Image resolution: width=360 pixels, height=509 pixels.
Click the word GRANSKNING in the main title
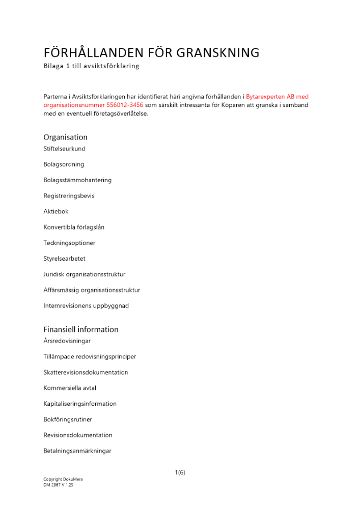coord(218,53)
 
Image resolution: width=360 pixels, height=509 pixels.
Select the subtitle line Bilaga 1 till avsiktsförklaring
coord(91,66)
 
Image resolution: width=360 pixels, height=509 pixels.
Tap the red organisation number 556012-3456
coord(118,105)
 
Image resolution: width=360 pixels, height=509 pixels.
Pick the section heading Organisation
coord(65,137)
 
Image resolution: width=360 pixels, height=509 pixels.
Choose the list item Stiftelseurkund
coord(64,149)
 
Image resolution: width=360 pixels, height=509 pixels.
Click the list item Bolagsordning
coord(64,164)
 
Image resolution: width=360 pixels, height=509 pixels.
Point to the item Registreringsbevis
coord(69,195)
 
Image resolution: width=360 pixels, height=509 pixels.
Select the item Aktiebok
coord(56,211)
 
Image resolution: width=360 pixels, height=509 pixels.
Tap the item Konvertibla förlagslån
coord(74,227)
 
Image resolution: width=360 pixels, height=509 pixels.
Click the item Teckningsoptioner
coord(69,243)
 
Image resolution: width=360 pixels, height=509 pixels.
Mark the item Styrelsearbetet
coord(64,259)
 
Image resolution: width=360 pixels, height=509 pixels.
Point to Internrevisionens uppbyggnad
coord(86,306)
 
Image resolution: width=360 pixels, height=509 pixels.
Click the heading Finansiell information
coord(80,329)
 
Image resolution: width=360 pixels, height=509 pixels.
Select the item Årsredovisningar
coord(67,341)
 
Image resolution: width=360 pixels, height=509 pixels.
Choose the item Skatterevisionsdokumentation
coord(86,372)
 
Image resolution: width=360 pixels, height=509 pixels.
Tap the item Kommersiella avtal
coord(70,388)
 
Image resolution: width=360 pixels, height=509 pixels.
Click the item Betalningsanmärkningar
coord(77,451)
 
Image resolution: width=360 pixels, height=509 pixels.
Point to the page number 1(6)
coord(180,472)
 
